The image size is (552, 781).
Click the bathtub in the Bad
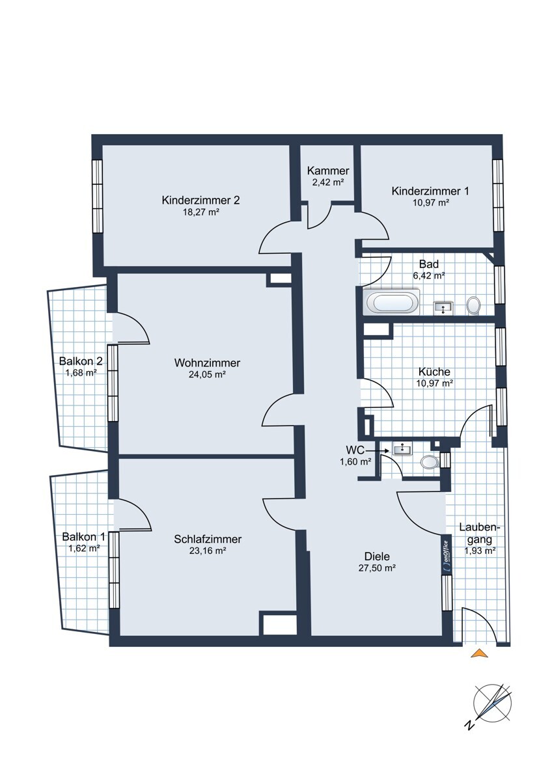(x=391, y=301)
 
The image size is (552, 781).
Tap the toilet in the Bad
(x=473, y=306)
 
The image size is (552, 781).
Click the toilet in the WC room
(x=430, y=462)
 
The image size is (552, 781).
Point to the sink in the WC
(x=403, y=448)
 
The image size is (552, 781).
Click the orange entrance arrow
(x=480, y=653)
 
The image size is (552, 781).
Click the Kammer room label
(x=328, y=171)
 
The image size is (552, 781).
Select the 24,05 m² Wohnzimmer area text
(x=207, y=374)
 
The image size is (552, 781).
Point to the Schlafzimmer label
(x=208, y=540)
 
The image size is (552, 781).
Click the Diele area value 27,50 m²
(x=377, y=568)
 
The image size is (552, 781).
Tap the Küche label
(x=434, y=372)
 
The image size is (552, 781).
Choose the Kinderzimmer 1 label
(x=430, y=191)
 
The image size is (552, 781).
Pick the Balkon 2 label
(x=81, y=360)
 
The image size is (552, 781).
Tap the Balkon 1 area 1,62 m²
(x=82, y=549)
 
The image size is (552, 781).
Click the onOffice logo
(x=446, y=555)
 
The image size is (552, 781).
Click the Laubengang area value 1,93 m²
(x=480, y=551)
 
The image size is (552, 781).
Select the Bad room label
(x=429, y=264)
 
